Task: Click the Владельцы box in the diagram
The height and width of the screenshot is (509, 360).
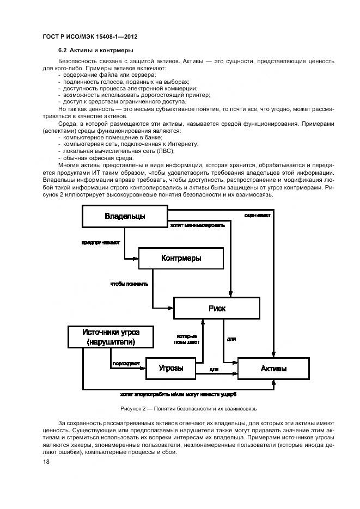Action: click(x=125, y=216)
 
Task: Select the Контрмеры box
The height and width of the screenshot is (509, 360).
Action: click(x=181, y=258)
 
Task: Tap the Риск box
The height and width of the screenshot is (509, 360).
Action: click(x=217, y=308)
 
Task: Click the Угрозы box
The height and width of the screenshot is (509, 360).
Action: click(x=170, y=369)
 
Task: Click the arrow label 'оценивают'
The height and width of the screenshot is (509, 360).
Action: click(x=257, y=215)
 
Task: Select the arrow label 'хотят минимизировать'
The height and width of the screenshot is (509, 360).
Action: click(x=197, y=225)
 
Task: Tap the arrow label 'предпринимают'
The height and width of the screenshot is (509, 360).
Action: click(x=101, y=242)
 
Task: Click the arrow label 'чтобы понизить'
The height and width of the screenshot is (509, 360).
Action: click(x=129, y=284)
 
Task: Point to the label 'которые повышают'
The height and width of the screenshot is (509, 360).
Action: click(x=187, y=339)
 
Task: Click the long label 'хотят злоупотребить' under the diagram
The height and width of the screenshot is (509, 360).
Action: click(x=179, y=394)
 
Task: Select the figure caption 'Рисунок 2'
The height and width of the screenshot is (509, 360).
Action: click(x=179, y=408)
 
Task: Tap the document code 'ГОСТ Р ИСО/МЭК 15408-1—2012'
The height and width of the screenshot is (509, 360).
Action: click(x=89, y=36)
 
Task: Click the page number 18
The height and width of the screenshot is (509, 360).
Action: click(x=46, y=462)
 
